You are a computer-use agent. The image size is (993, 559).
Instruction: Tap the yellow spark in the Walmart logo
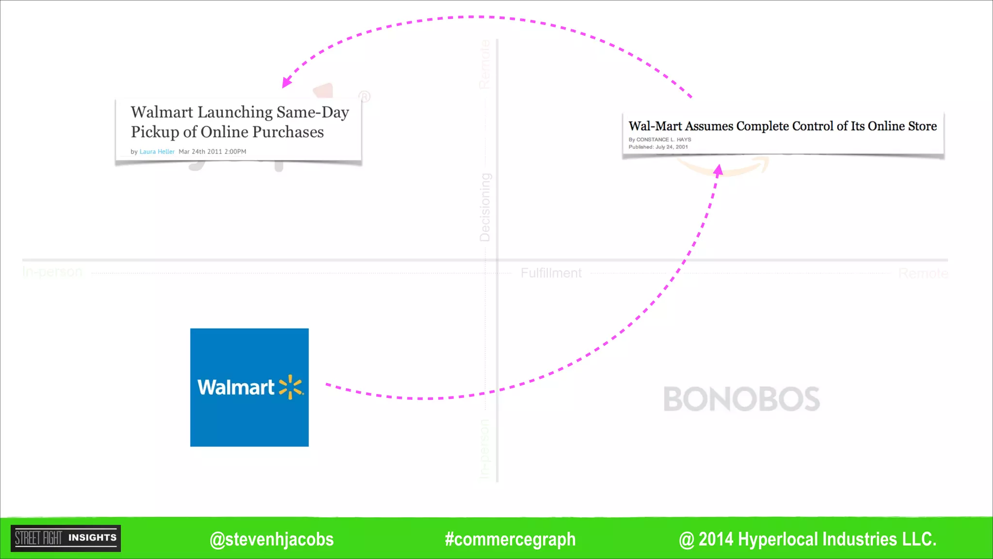(x=290, y=387)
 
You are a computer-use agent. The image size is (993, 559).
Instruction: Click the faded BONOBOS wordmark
(x=741, y=399)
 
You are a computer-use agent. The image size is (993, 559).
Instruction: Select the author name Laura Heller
(x=157, y=152)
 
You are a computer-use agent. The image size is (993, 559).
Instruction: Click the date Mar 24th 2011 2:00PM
(x=212, y=152)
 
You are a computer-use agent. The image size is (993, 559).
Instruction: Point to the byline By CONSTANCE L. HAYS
(x=660, y=140)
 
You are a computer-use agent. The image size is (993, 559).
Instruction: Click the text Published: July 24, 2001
(x=658, y=147)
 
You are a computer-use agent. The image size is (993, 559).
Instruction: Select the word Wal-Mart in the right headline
(x=655, y=126)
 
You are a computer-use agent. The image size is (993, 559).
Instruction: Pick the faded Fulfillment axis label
(x=551, y=273)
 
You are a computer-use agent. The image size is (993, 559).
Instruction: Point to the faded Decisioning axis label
(x=485, y=207)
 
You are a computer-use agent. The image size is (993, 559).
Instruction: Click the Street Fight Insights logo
(x=66, y=538)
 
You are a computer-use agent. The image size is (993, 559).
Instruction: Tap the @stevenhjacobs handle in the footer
(x=272, y=539)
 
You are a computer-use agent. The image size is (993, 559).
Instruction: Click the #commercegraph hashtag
(x=510, y=539)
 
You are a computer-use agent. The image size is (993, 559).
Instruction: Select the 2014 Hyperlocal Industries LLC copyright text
(x=808, y=539)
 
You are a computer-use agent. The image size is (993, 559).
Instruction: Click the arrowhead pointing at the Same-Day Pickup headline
(x=286, y=82)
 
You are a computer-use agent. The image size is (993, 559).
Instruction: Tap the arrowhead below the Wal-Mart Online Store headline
(x=719, y=169)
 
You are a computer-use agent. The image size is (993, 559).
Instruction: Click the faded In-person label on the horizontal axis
(x=52, y=272)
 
